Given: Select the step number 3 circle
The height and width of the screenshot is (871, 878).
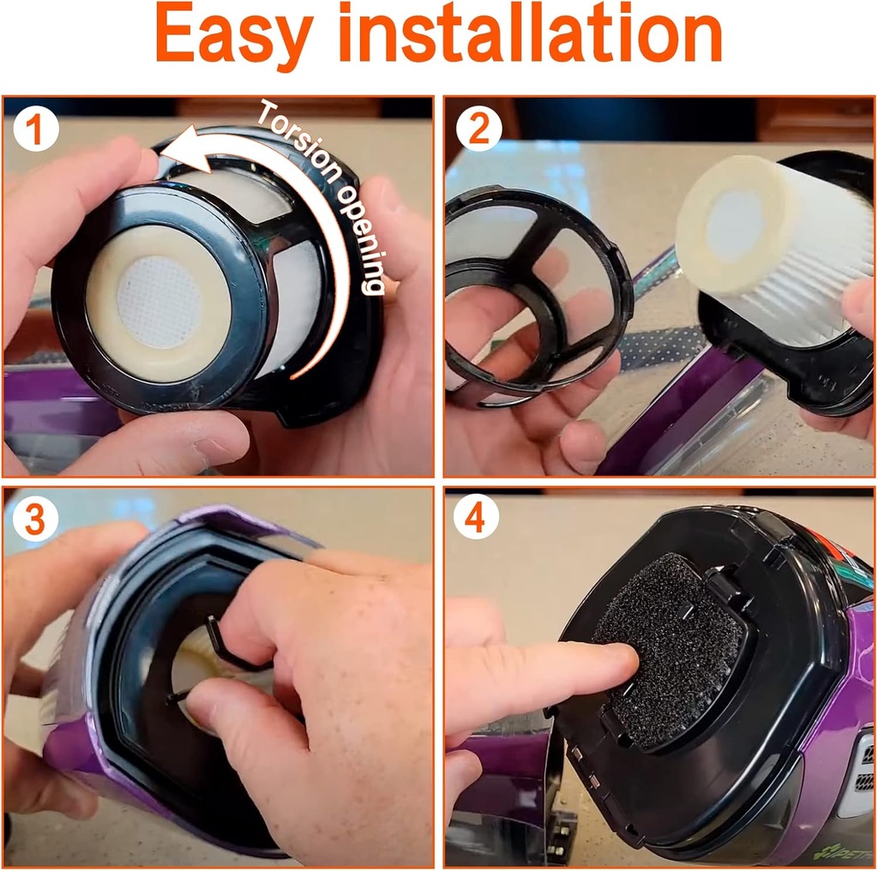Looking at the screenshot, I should [36, 519].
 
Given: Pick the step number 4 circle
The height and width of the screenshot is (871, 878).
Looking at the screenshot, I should [477, 518].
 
